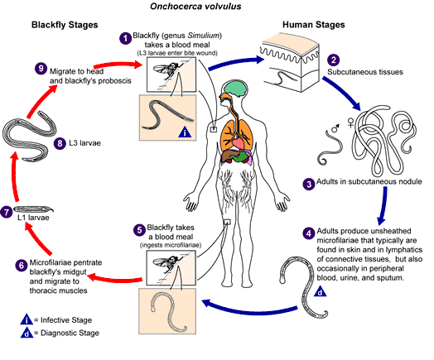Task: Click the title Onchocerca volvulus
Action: pyautogui.click(x=195, y=7)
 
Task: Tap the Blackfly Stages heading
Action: pyautogui.click(x=65, y=25)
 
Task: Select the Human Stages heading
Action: pyautogui.click(x=314, y=25)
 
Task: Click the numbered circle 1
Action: pyautogui.click(x=125, y=38)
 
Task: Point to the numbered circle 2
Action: pyautogui.click(x=333, y=60)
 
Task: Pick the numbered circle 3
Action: pyautogui.click(x=309, y=184)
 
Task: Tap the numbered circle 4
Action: pyautogui.click(x=309, y=233)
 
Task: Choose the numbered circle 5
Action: pyautogui.click(x=139, y=230)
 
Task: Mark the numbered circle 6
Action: pyautogui.click(x=22, y=266)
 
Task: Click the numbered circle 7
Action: pyautogui.click(x=6, y=212)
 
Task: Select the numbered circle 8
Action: pyautogui.click(x=60, y=143)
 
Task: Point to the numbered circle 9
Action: pyautogui.click(x=41, y=69)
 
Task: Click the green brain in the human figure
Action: pyautogui.click(x=235, y=89)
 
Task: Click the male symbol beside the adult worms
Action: pyautogui.click(x=335, y=128)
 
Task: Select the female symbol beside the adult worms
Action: pyautogui.click(x=350, y=122)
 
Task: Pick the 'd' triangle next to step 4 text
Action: pyautogui.click(x=321, y=291)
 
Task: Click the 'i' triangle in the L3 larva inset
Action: pyautogui.click(x=186, y=132)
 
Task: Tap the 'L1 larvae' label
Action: pyautogui.click(x=33, y=218)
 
